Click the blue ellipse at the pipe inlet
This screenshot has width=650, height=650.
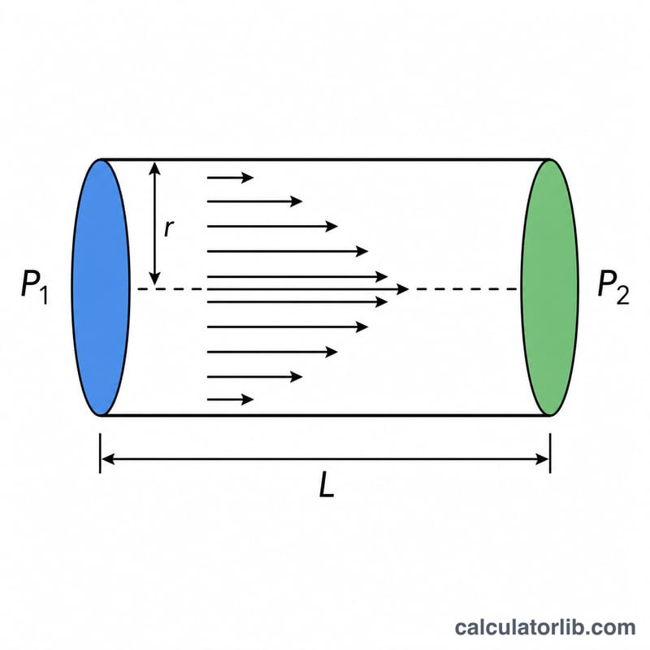(101, 288)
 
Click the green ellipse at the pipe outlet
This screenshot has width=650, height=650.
(550, 288)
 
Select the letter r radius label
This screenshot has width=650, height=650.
(169, 228)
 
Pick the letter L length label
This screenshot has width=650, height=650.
(327, 485)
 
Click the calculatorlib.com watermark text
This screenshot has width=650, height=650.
(544, 627)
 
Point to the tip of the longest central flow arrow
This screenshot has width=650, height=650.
(409, 289)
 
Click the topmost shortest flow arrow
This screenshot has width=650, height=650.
(230, 177)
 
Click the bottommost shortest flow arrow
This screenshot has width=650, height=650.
(230, 400)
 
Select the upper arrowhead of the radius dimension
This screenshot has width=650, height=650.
(154, 167)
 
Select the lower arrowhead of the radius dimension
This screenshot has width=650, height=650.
(154, 279)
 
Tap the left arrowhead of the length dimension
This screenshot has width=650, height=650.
(108, 459)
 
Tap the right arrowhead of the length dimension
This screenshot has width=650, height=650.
(543, 459)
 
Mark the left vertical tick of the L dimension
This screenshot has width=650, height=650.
(100, 453)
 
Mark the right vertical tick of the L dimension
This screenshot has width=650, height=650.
(550, 453)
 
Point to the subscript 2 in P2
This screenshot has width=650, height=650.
(623, 295)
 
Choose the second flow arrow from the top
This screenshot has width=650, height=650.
(254, 201)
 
